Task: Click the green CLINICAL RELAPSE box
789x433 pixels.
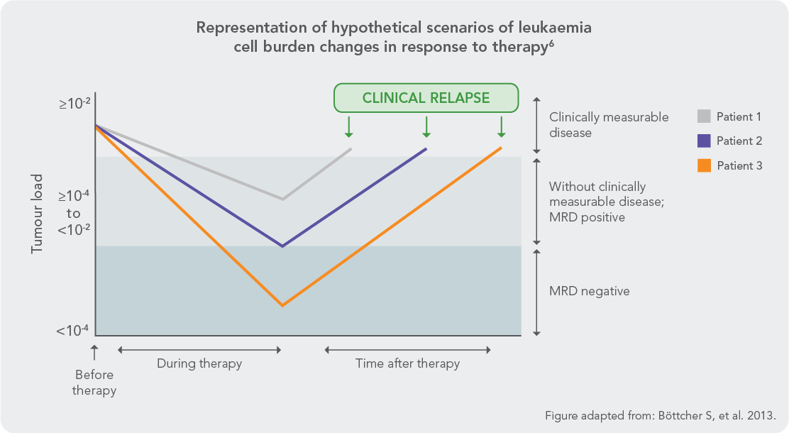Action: pos(426,98)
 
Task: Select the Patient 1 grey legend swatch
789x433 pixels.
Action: pos(704,116)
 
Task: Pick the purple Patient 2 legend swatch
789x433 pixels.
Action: pos(704,141)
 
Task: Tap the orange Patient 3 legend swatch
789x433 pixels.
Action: pos(704,165)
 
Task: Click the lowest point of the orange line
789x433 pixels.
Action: pos(283,305)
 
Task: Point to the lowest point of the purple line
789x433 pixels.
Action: pos(283,246)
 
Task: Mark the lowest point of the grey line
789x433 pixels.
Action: pos(283,199)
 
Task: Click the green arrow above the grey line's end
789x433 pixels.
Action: pos(349,126)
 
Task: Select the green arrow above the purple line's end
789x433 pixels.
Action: pos(426,126)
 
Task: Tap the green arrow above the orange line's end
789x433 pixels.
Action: pos(501,126)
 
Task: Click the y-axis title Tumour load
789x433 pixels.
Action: pos(36,214)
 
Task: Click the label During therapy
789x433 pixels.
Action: pos(199,363)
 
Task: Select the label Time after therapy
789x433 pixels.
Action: pos(407,363)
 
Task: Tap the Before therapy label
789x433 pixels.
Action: pos(94,383)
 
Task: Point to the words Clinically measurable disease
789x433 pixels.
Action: pos(608,124)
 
